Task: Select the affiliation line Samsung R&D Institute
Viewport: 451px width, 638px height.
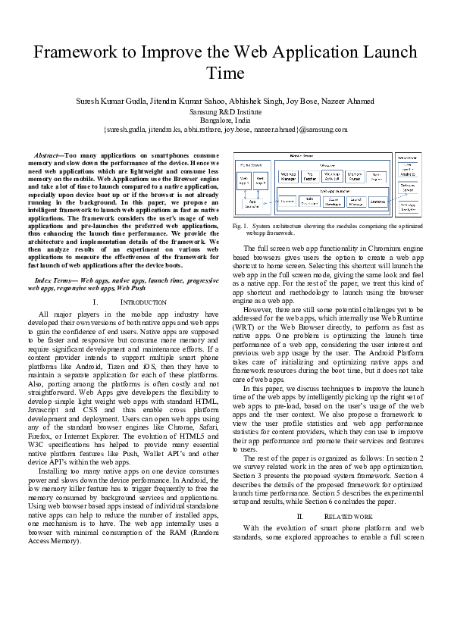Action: (x=225, y=111)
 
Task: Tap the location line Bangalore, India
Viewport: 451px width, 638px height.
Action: (x=225, y=120)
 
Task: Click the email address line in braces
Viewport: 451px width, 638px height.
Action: (x=225, y=129)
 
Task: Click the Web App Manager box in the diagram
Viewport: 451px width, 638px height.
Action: (x=288, y=177)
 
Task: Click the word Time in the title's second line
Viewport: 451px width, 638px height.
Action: (x=225, y=73)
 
